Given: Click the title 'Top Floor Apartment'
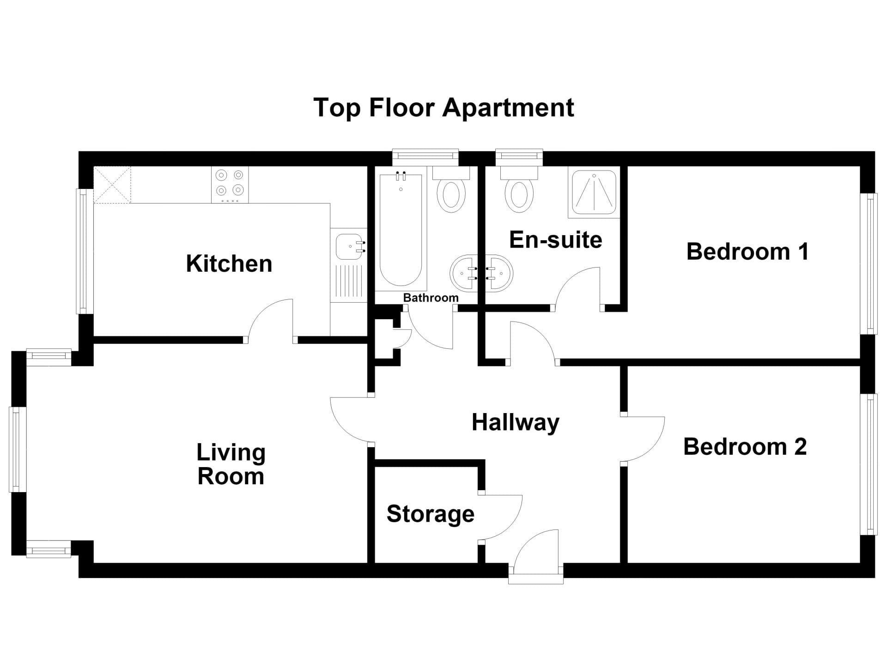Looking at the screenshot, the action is (x=443, y=108).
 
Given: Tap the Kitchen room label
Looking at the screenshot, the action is (x=229, y=264).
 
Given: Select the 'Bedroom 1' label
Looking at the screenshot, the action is (x=747, y=252).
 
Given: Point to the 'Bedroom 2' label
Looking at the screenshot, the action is (x=745, y=447).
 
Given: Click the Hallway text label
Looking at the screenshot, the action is (x=516, y=423).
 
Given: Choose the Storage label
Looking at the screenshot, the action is (x=431, y=514).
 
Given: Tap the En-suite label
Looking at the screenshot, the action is (x=556, y=240).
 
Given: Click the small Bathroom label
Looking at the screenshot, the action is (x=431, y=298).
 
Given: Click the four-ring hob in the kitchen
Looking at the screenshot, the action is (x=230, y=185).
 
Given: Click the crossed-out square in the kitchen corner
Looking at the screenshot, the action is (x=112, y=185).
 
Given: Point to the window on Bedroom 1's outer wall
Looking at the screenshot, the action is (x=869, y=263).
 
